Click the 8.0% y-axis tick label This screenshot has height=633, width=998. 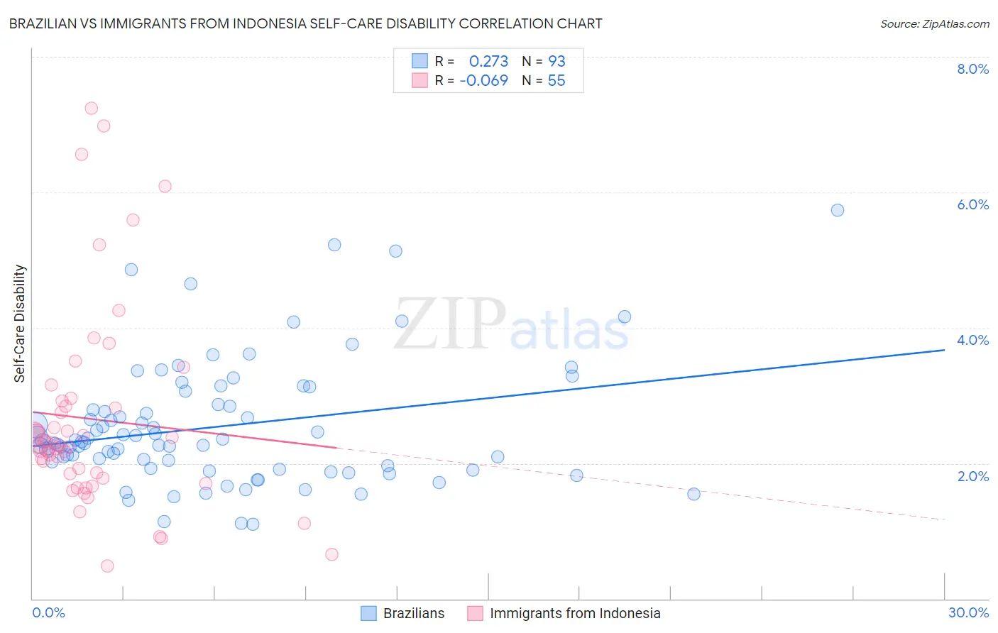tap(972, 69)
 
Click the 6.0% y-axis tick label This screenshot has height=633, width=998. tap(972, 204)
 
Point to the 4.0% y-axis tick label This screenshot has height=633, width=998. tap(972, 340)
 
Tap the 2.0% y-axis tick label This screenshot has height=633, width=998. tap(972, 476)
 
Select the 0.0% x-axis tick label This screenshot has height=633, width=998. tap(48, 612)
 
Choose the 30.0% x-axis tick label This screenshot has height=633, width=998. tap(968, 612)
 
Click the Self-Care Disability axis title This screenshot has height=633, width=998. tap(20, 324)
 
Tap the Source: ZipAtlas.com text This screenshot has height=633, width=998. tap(934, 23)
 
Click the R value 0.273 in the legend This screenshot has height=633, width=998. tap(488, 61)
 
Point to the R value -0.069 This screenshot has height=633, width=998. tap(483, 80)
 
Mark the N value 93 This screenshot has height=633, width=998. tap(556, 61)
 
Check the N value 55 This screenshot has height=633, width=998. tap(556, 80)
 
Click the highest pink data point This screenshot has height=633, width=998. tap(91, 109)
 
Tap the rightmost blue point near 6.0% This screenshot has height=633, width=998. tap(838, 210)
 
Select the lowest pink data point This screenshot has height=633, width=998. tap(107, 566)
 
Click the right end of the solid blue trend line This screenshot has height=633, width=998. tap(944, 350)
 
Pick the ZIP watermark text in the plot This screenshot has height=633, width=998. tap(450, 324)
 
